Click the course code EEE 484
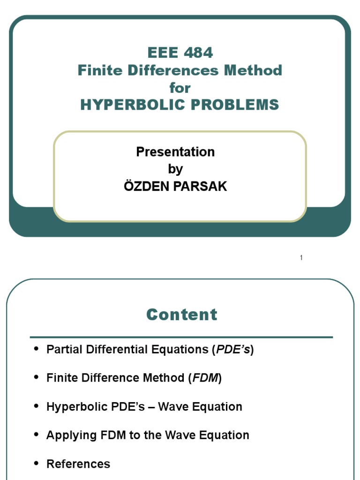pos(180,52)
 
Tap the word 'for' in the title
pos(180,88)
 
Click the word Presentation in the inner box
pos(175,152)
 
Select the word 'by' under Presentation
pos(175,169)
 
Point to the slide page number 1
pos(301,258)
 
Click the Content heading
pos(182,315)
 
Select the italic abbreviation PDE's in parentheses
pos(232,350)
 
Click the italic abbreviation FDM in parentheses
pos(205,378)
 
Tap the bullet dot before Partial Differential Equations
pos(37,350)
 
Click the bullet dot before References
pos(37,464)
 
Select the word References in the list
pos(78,464)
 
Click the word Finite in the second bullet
pos(60,378)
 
